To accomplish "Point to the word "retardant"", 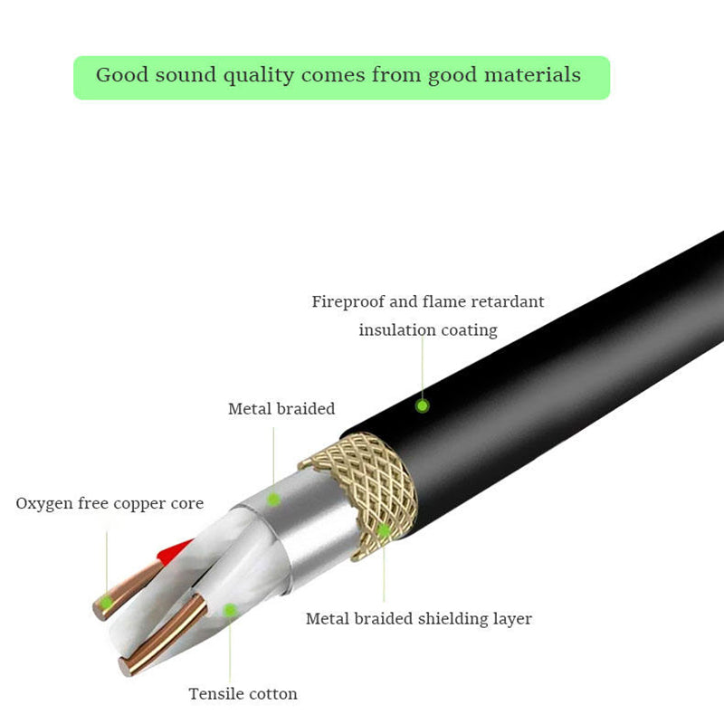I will pos(503,301).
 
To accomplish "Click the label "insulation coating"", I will pos(428,330).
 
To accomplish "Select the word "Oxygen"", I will pos(43,503).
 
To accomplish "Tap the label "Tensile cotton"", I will pos(243,694).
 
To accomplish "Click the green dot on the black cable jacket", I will pos(422,405).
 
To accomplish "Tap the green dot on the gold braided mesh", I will pos(384,530).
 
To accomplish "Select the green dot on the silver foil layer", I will pos(273,498).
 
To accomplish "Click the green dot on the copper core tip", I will pos(107,602).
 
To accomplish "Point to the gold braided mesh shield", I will pos(362,489).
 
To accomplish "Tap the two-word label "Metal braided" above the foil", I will pos(281,409).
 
